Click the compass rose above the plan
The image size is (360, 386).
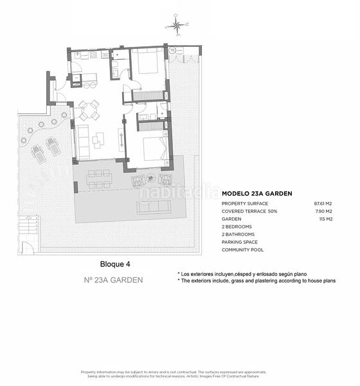[175, 26]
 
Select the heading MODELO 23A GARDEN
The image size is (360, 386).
[257, 193]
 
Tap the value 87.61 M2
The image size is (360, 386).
[323, 203]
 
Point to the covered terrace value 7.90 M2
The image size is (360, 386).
[324, 211]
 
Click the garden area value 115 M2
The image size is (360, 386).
[326, 219]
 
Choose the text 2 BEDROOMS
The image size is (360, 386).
[237, 226]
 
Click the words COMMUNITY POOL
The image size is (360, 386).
[242, 250]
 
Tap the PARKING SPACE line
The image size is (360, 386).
[240, 242]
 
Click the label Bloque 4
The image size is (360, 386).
[116, 264]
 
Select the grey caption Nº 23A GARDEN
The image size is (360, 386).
[113, 280]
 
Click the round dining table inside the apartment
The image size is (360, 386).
[89, 111]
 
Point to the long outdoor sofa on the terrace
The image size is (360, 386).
[154, 206]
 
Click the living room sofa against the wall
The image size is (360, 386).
[82, 142]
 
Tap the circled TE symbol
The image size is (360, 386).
[172, 51]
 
